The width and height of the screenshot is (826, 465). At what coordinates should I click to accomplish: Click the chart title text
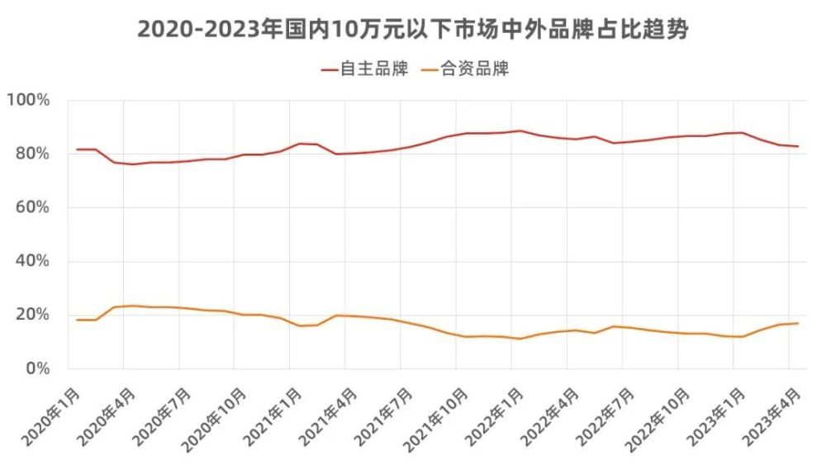(x=412, y=30)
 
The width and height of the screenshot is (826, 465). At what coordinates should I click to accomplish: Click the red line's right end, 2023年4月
(x=797, y=146)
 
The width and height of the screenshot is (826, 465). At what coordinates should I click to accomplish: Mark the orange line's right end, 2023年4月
(x=797, y=323)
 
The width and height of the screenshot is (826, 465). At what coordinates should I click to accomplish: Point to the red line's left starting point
(x=77, y=149)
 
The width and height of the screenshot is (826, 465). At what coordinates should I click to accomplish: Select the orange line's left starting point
(x=77, y=320)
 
